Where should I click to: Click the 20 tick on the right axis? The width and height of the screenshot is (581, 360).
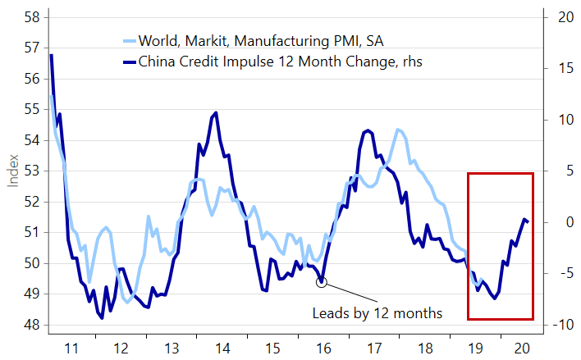[558, 16]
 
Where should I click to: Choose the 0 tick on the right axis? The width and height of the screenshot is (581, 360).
[560, 222]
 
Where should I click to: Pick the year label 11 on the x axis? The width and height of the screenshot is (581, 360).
[72, 347]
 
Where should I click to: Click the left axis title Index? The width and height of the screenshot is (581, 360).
[13, 171]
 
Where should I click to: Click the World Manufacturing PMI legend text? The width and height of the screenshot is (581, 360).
[238, 40]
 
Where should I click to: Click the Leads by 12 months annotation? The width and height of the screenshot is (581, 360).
[377, 313]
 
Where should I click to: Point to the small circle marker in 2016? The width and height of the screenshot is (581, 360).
[321, 282]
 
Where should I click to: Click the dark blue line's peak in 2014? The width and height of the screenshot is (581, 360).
[216, 113]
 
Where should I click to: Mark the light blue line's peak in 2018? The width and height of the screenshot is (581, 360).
[398, 130]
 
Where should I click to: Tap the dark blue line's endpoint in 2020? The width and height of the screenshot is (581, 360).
[527, 221]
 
